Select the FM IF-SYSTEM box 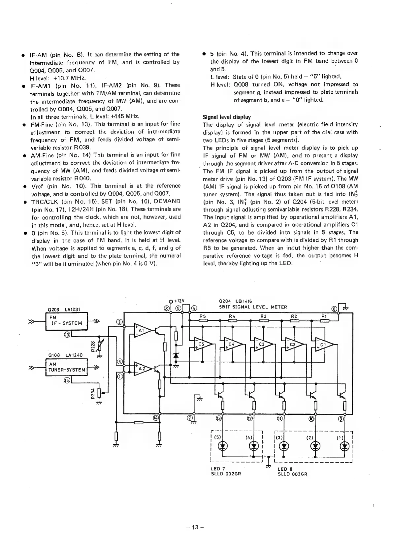[68, 320]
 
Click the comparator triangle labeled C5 [202, 345]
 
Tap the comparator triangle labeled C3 [263, 345]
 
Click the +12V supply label [178, 301]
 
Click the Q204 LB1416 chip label [235, 301]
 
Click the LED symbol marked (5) [223, 446]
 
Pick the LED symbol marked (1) [345, 446]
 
